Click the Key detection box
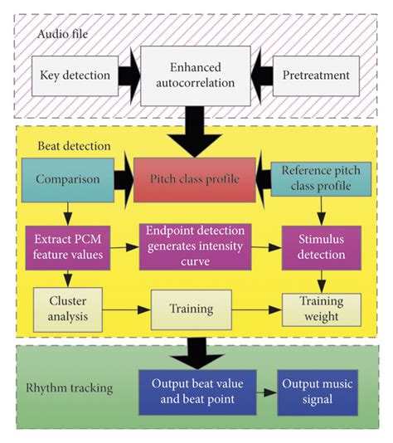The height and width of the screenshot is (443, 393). pyautogui.click(x=75, y=75)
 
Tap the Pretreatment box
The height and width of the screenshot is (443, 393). pyautogui.click(x=318, y=75)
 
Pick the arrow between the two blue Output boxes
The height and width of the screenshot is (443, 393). pyautogui.click(x=266, y=391)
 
